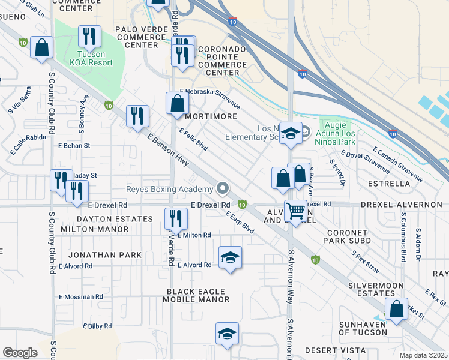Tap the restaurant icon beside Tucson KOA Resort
[91, 37]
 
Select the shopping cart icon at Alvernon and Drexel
[295, 212]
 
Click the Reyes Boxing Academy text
[169, 190]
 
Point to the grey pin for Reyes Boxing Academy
[223, 189]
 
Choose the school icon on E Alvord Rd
[230, 258]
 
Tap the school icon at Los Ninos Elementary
[291, 133]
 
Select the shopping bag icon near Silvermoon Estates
[396, 310]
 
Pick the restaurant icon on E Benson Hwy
[137, 115]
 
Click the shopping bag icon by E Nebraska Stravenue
[178, 103]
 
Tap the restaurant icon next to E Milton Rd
[175, 218]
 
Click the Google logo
[20, 353]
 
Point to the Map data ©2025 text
[424, 355]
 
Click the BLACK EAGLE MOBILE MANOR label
[198, 295]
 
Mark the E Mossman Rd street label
[81, 297]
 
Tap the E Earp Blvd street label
[240, 222]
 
